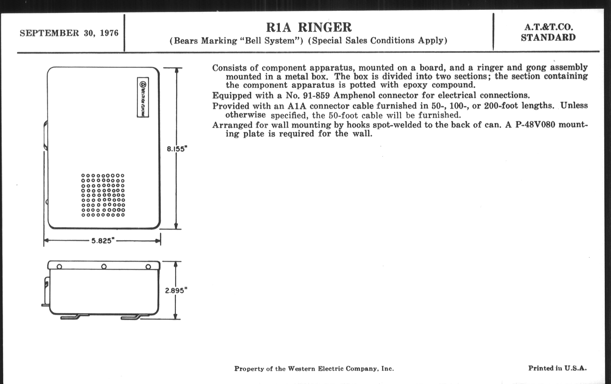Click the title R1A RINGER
tap(309, 28)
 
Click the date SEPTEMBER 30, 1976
tap(69, 33)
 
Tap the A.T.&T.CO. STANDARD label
tap(548, 32)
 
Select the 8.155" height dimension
tap(177, 149)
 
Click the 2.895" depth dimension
tap(176, 290)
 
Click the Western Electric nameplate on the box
tap(143, 97)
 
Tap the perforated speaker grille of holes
tap(103, 195)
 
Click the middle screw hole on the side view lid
tap(104, 266)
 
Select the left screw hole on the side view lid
tap(59, 267)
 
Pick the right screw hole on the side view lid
tap(148, 267)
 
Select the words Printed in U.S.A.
tap(557, 368)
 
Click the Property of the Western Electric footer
tap(314, 368)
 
